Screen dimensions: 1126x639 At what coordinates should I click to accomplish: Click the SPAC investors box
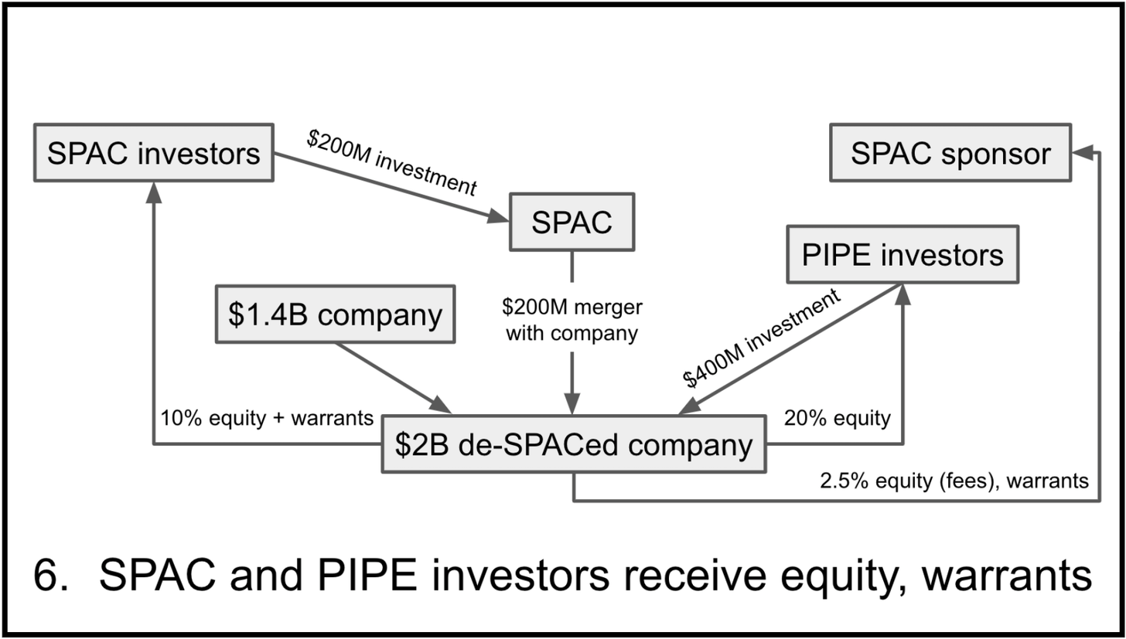tap(154, 153)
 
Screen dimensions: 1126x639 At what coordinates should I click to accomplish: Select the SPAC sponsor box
tap(950, 153)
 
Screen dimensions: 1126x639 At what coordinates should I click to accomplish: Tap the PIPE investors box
tap(903, 254)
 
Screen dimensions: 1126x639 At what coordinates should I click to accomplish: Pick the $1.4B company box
tap(335, 314)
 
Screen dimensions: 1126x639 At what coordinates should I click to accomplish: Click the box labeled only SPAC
tap(572, 222)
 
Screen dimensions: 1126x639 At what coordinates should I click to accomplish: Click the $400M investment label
tap(762, 339)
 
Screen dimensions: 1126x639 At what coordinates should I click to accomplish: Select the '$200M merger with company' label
tap(572, 321)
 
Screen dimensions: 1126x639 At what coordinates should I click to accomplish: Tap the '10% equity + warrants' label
tap(267, 418)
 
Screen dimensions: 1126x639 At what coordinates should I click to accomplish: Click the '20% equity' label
tap(838, 418)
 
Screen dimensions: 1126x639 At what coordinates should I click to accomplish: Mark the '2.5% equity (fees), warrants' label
tap(954, 481)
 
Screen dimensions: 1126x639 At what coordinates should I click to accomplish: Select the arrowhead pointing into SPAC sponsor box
tap(1084, 153)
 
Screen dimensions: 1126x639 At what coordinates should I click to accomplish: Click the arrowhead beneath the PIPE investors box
tap(903, 294)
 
